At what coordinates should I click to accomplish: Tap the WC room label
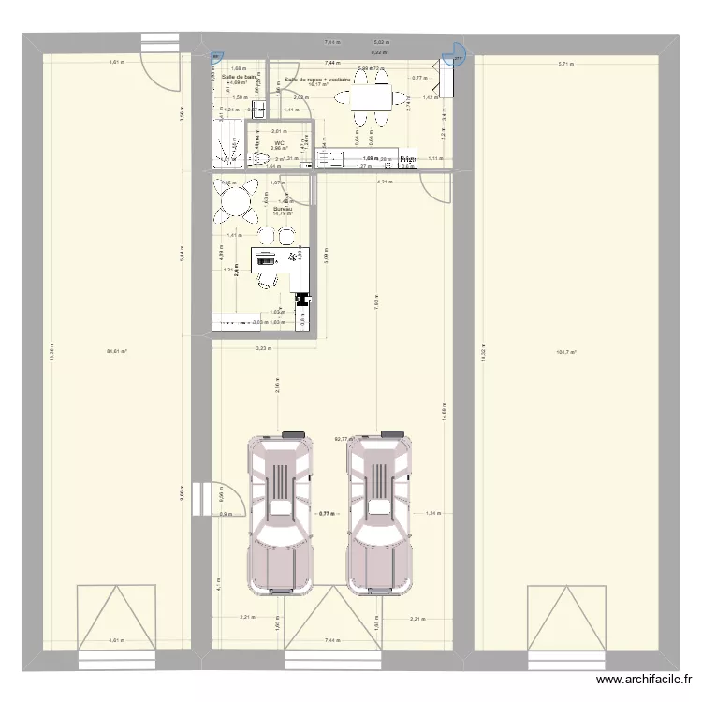click(279, 144)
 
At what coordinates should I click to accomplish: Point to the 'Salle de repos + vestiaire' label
click(324, 80)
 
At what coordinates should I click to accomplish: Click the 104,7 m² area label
click(566, 353)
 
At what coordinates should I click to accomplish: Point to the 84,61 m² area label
click(117, 351)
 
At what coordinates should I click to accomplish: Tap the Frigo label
click(407, 160)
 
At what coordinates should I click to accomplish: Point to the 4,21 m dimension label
click(384, 182)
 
